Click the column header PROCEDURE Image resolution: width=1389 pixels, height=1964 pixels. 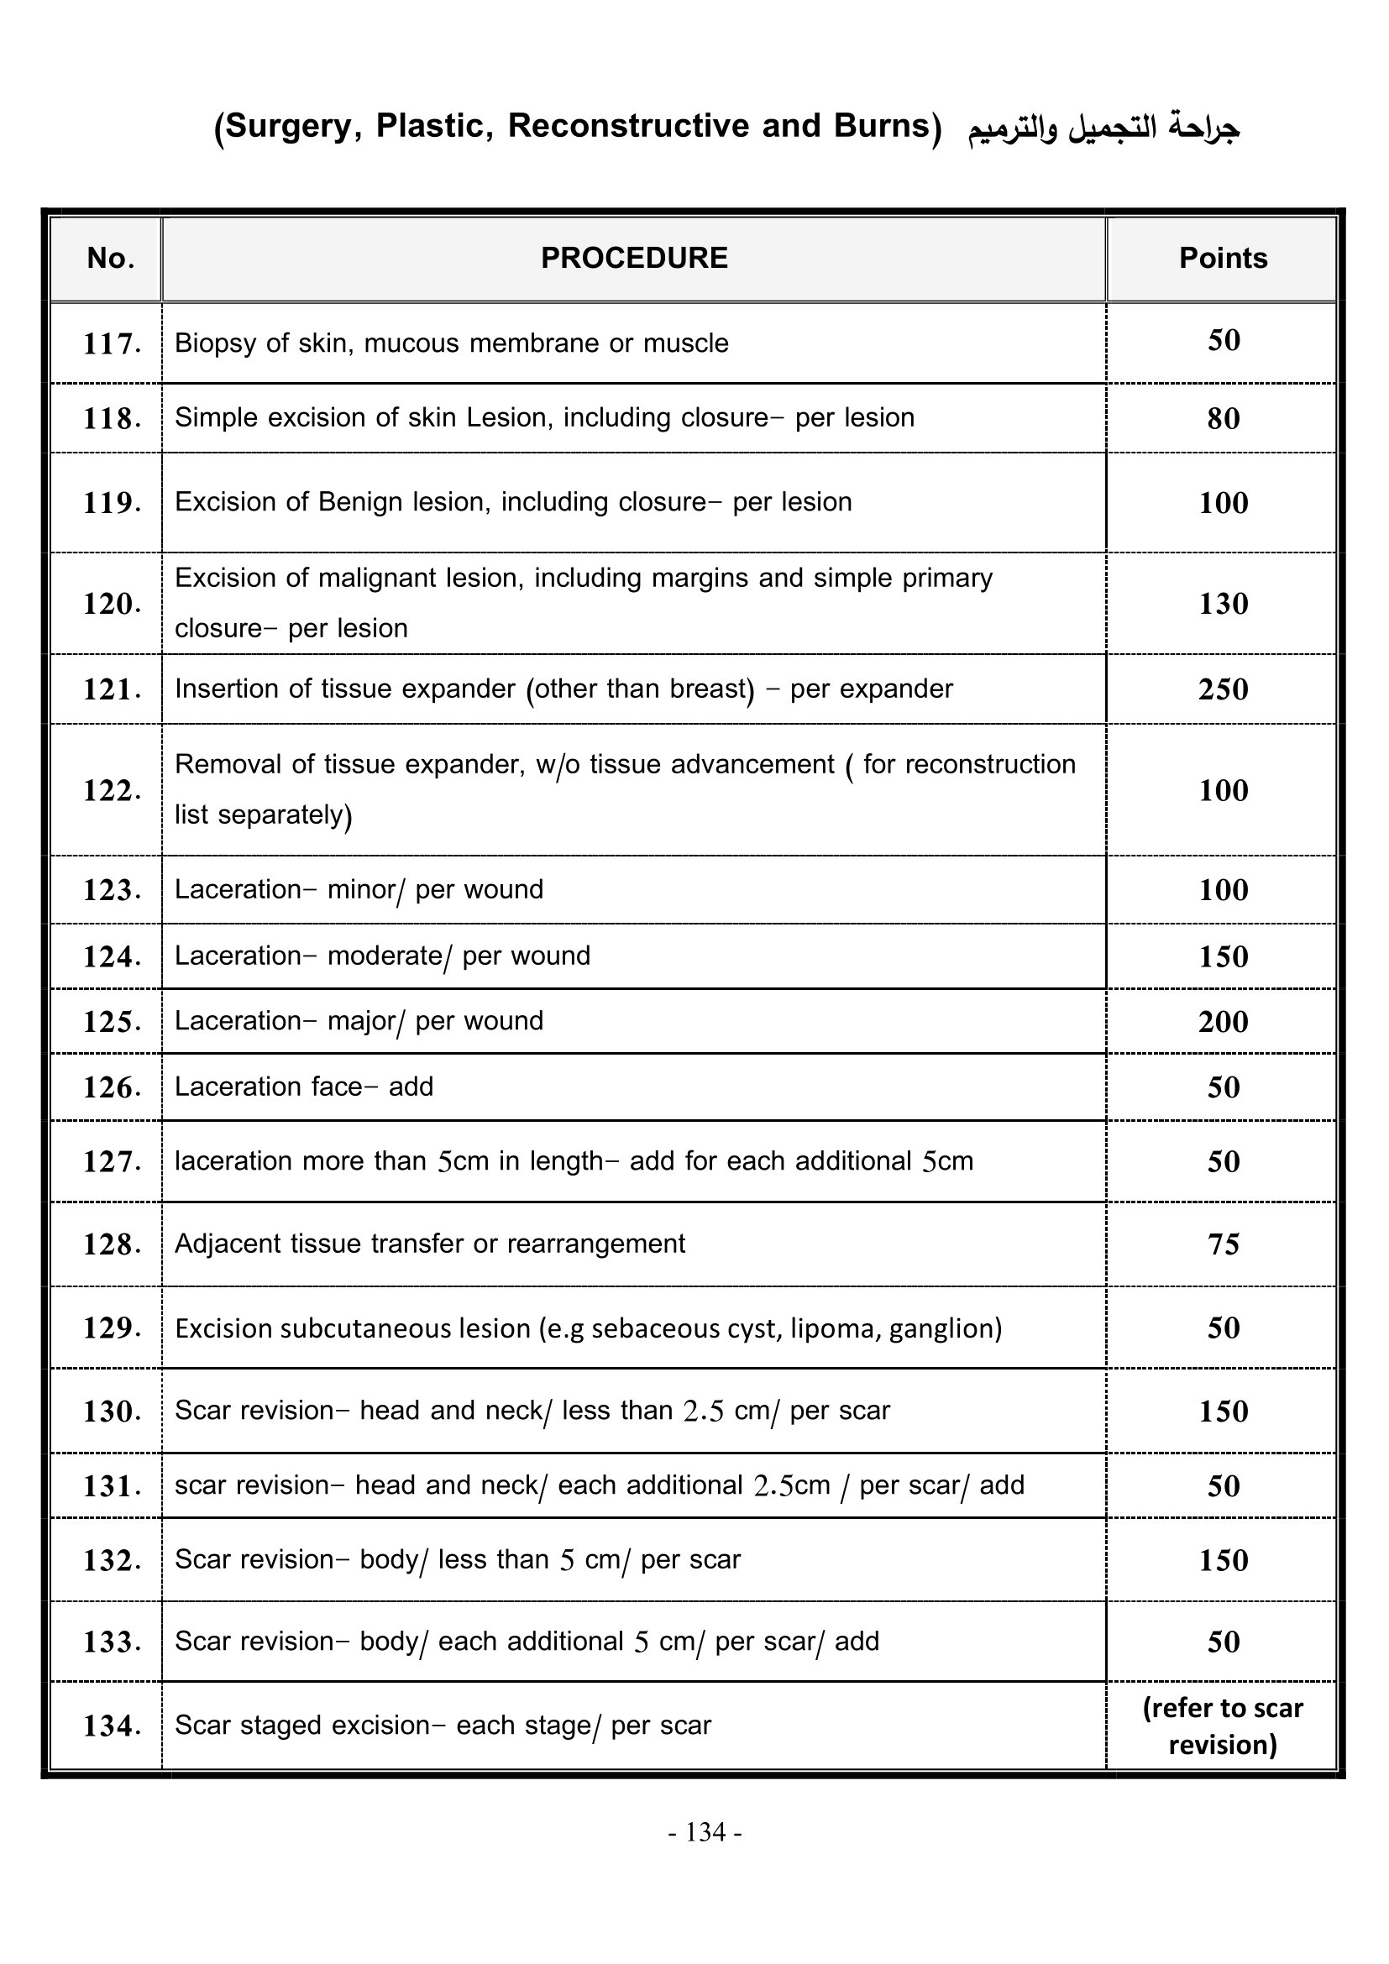634,259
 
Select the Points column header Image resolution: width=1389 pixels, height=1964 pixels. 1222,259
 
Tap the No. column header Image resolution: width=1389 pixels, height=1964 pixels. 110,259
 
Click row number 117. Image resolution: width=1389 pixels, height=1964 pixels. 111,344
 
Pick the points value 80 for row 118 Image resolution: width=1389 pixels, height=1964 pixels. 1223,418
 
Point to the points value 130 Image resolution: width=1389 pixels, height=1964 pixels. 1223,604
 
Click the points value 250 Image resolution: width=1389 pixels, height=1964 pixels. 1223,689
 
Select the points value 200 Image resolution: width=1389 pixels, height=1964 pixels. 1223,1021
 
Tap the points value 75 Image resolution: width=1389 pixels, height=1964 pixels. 1223,1244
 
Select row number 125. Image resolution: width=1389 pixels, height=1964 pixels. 111,1022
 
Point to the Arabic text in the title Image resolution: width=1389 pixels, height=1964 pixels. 1103,128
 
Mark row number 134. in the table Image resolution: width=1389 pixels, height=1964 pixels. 111,1726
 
